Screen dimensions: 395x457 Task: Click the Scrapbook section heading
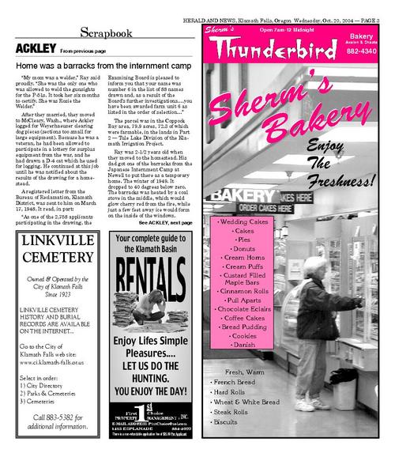pyautogui.click(x=108, y=32)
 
